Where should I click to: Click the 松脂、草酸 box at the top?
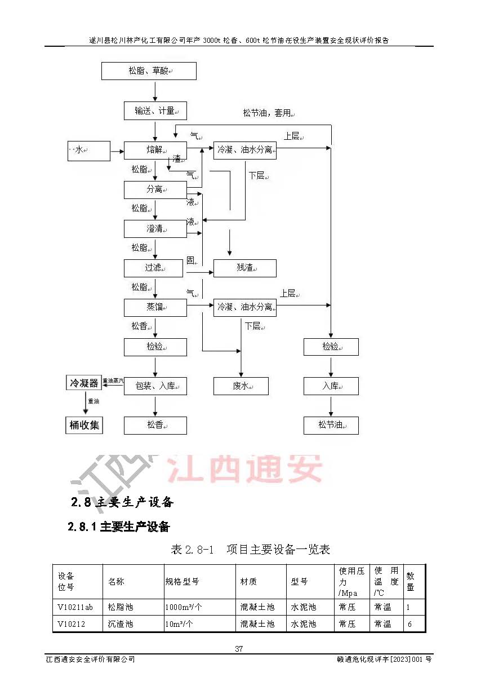pyautogui.click(x=149, y=71)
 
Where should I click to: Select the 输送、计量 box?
pyautogui.click(x=155, y=110)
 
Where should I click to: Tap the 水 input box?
pyautogui.click(x=88, y=151)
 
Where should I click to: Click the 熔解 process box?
pyautogui.click(x=155, y=150)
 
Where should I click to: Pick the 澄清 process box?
pyautogui.click(x=155, y=229)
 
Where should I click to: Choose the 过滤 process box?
pyautogui.click(x=153, y=268)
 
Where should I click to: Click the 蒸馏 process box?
pyautogui.click(x=155, y=307)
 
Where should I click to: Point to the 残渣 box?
pyautogui.click(x=244, y=268)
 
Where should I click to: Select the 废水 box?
pyautogui.click(x=241, y=386)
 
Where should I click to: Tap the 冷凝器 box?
pyautogui.click(x=83, y=383)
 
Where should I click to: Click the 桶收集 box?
pyautogui.click(x=84, y=425)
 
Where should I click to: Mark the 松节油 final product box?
pyautogui.click(x=331, y=425)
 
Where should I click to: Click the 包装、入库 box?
pyautogui.click(x=155, y=386)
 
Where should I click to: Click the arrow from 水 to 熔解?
pyautogui.click(x=117, y=151)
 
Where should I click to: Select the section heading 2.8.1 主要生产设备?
pyautogui.click(x=118, y=527)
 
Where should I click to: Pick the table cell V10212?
pyautogui.click(x=71, y=624)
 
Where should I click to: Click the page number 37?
pyautogui.click(x=239, y=649)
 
